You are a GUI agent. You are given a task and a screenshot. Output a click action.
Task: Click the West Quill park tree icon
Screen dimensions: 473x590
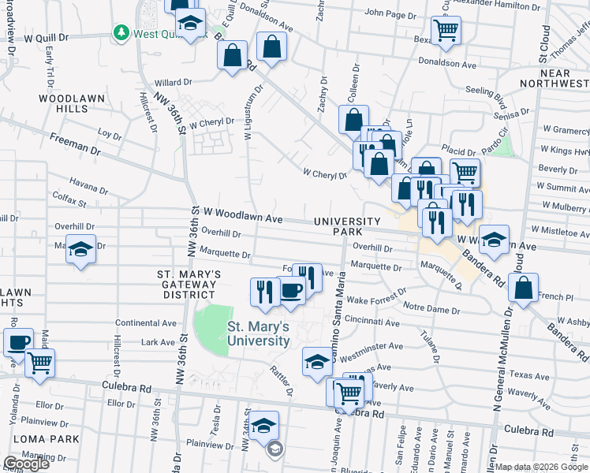(x=121, y=32)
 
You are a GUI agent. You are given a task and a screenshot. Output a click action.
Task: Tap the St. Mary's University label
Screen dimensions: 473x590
(x=258, y=333)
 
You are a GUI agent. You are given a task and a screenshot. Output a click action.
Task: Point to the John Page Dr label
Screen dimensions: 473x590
(x=390, y=13)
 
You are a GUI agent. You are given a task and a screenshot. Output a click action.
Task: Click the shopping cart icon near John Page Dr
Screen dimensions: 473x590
(x=446, y=29)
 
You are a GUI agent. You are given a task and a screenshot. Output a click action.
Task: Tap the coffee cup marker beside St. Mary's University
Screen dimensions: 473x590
(x=290, y=291)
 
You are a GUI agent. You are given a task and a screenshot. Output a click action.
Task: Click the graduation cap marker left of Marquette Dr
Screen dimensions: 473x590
(x=80, y=248)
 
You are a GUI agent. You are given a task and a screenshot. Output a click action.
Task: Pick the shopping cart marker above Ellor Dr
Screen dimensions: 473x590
(x=39, y=363)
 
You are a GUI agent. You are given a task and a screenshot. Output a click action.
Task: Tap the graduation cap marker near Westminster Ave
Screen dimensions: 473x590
(x=317, y=360)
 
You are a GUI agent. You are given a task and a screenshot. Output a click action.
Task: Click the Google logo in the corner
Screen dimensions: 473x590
(x=26, y=464)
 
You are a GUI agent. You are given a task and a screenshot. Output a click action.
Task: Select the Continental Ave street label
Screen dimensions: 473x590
(x=146, y=323)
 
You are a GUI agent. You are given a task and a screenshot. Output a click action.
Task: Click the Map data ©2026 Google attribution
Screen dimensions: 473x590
(x=541, y=467)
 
